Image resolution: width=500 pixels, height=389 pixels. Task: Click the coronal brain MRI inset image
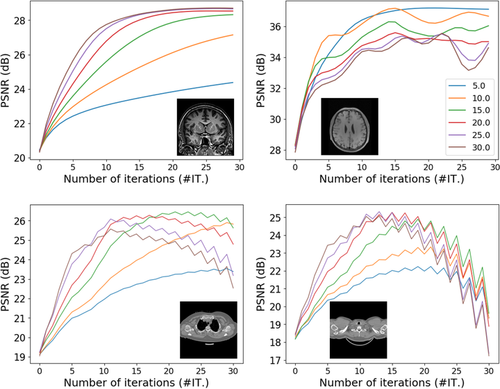coord(205,126)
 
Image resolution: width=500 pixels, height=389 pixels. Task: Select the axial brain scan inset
coord(349,126)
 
